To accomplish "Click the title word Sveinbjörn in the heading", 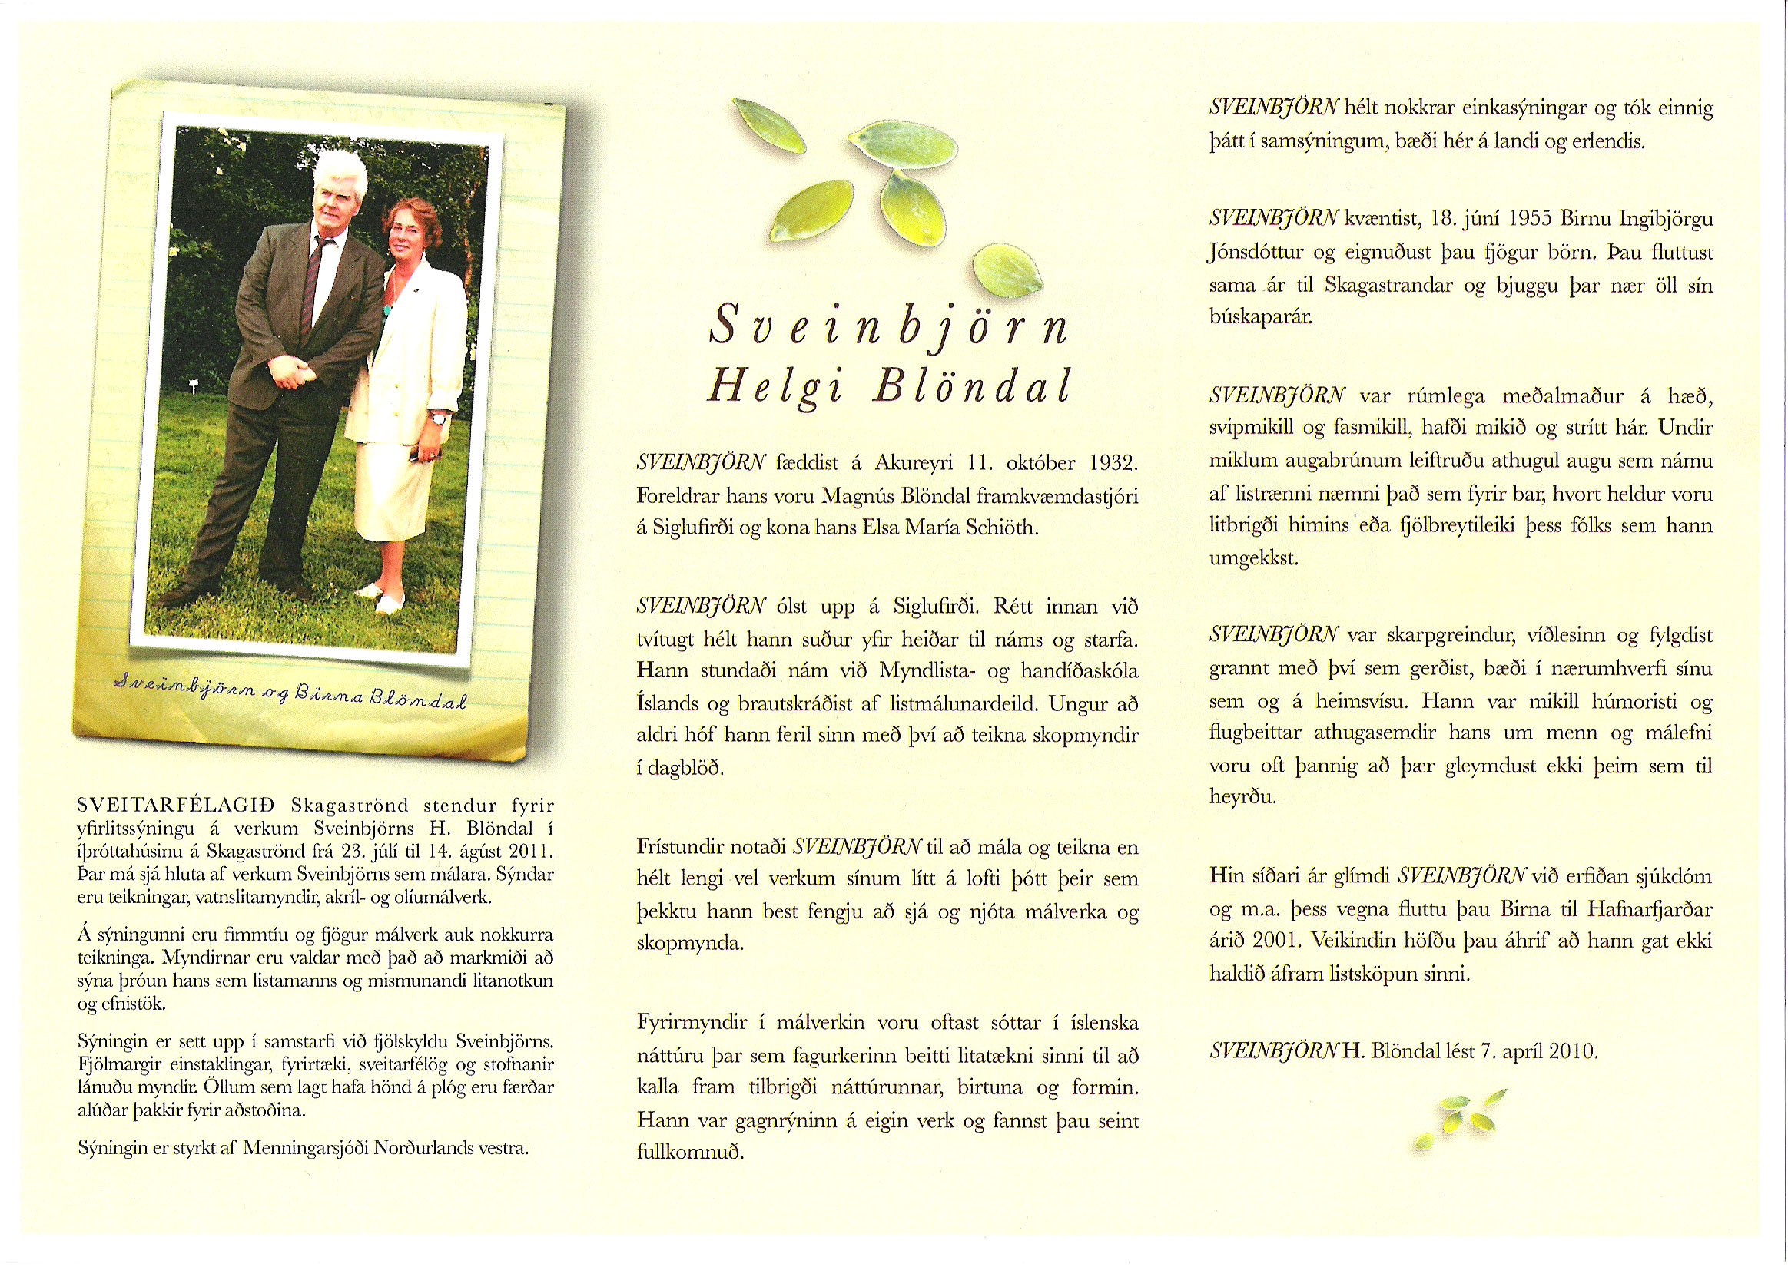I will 888,326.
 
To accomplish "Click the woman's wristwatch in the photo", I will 440,418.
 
